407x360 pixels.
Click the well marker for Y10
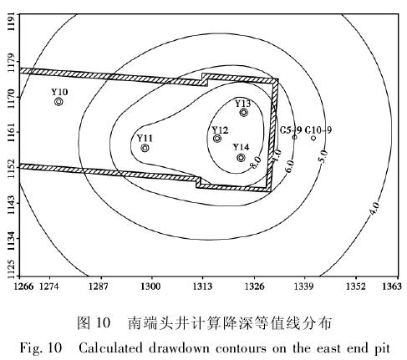pyautogui.click(x=59, y=102)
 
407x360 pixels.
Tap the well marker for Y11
pyautogui.click(x=145, y=148)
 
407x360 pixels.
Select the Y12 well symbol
pyautogui.click(x=217, y=138)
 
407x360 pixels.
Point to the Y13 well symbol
pyautogui.click(x=244, y=113)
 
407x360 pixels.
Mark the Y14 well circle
pyautogui.click(x=241, y=158)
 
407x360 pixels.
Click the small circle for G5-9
pyautogui.click(x=294, y=137)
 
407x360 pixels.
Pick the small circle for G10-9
pyautogui.click(x=313, y=138)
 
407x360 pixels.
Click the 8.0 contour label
pyautogui.click(x=255, y=162)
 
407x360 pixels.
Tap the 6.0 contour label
pyautogui.click(x=289, y=166)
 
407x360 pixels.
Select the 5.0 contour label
pyautogui.click(x=323, y=156)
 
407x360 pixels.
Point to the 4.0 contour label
pyautogui.click(x=374, y=209)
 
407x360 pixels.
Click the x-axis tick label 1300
pyautogui.click(x=150, y=286)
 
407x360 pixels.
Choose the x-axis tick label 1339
pyautogui.click(x=304, y=286)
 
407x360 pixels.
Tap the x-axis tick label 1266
pyautogui.click(x=23, y=286)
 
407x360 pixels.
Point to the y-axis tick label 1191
pyautogui.click(x=11, y=22)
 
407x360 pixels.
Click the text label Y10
pyautogui.click(x=59, y=92)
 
